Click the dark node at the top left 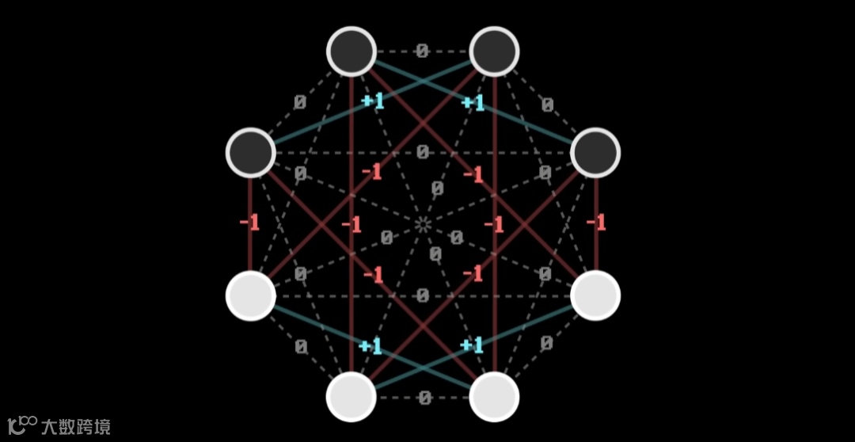pos(351,51)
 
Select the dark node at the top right pos(494,51)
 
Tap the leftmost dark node pos(250,152)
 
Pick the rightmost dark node pos(595,152)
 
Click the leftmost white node pos(250,295)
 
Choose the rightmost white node pos(595,295)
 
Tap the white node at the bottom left pos(351,396)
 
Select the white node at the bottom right pos(494,396)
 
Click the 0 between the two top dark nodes pos(422,51)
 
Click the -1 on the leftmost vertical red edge pos(249,223)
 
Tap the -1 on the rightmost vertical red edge pos(595,223)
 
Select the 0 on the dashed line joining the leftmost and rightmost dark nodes pos(423,152)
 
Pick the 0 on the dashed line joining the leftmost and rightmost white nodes pos(423,296)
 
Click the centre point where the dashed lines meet pos(423,224)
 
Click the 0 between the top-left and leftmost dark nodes pos(300,103)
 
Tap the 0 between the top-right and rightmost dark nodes pos(546,104)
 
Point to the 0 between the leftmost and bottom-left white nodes pos(301,346)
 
